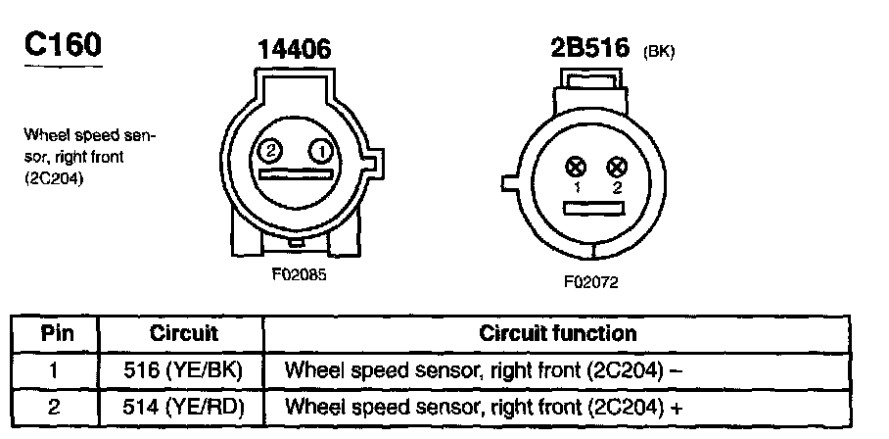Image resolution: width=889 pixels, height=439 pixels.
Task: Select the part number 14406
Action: pos(295,50)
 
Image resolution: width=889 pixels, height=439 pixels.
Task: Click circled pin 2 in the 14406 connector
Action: pos(271,151)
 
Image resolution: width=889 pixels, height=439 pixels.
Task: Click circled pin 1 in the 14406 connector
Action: pos(319,151)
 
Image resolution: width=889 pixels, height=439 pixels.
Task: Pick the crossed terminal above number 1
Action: pos(577,167)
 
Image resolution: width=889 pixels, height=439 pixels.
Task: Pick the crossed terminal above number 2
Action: pos(616,167)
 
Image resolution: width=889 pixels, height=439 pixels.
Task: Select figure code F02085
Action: pos(298,275)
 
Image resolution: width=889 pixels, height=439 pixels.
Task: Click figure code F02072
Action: pos(590,282)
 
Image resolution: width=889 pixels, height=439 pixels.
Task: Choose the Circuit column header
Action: pos(184,333)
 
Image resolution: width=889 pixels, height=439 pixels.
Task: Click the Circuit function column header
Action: pos(557,333)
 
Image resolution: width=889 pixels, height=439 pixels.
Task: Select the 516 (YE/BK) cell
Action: pos(184,370)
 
